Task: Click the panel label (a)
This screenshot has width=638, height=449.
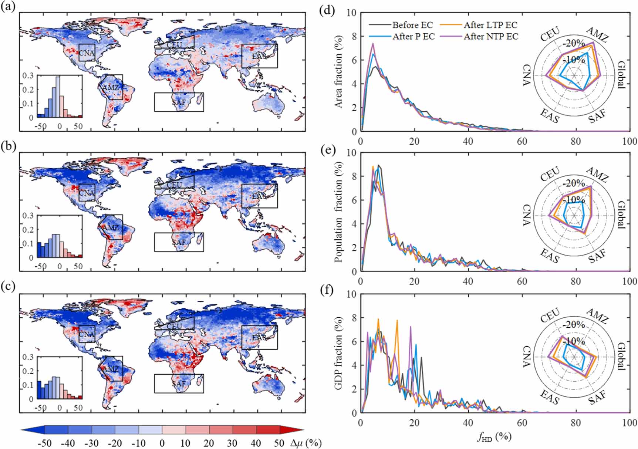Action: coord(8,7)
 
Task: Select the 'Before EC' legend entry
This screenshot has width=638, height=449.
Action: coord(412,25)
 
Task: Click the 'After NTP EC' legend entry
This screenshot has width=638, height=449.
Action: coord(491,36)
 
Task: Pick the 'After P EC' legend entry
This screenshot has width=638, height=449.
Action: coord(413,36)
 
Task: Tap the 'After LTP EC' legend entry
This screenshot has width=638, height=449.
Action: coord(490,25)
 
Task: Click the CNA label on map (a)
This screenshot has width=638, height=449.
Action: coord(87,53)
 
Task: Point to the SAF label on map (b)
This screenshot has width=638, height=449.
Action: coord(179,242)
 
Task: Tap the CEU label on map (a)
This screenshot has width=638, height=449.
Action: coord(174,44)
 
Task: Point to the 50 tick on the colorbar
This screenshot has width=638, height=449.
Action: coord(279,443)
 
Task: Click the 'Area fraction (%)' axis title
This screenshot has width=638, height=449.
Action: coord(338,71)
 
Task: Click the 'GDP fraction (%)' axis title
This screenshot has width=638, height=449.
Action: coord(338,353)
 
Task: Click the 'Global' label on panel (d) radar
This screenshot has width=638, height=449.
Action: coord(621,75)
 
